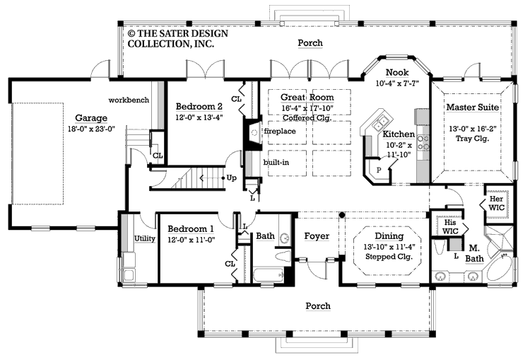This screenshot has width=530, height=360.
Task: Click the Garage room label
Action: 92,118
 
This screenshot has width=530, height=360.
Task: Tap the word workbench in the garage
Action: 129,100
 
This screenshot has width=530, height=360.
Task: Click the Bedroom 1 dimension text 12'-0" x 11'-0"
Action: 191,240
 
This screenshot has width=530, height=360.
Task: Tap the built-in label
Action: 276,163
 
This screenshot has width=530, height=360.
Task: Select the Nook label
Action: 396,72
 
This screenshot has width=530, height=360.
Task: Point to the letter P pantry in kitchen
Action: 379,170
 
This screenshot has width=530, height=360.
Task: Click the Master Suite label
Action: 473,107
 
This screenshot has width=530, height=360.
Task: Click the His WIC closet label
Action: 450,226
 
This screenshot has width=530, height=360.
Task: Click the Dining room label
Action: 384,236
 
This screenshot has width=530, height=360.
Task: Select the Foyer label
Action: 317,236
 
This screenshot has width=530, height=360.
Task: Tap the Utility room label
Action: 145,239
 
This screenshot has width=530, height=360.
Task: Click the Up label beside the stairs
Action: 230,178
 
